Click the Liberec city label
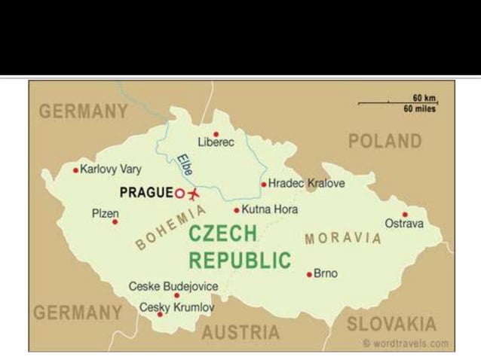tap(216, 142)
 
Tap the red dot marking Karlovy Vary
tap(75, 170)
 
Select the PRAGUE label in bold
tap(146, 193)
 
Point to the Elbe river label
tap(184, 165)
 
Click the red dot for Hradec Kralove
tap(263, 184)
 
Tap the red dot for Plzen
tap(115, 222)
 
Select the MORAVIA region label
tap(342, 239)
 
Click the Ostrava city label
tap(404, 224)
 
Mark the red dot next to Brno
tap(309, 274)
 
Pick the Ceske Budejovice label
tap(173, 286)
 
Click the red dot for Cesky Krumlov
tap(159, 314)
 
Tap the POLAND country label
tap(384, 141)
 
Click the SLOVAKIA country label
tap(391, 325)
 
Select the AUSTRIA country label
tap(241, 332)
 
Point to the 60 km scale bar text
tap(424, 98)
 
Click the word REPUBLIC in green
tap(239, 261)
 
